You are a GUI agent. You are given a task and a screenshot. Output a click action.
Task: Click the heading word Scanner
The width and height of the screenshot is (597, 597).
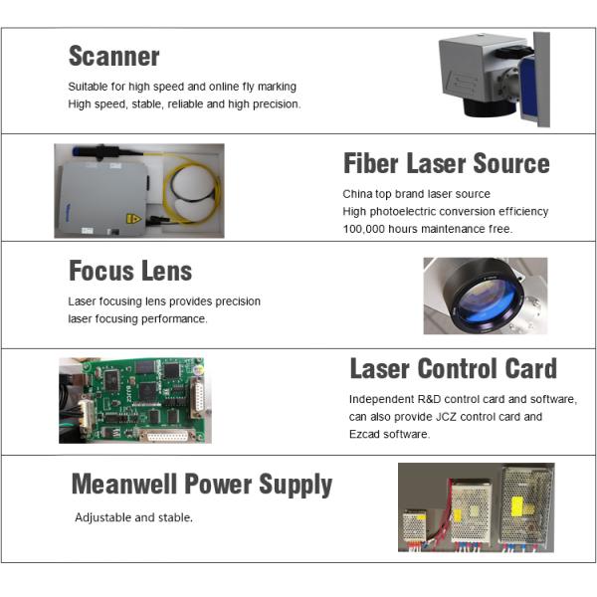coord(113,56)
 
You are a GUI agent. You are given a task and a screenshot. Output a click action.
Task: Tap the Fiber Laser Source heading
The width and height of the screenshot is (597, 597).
coord(447,163)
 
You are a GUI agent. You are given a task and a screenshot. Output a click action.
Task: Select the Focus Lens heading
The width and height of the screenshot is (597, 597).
coord(130,271)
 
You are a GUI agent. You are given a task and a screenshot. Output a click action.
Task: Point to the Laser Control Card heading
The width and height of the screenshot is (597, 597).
coord(454,368)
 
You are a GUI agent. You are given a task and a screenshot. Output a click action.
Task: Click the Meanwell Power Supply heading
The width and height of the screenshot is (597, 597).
coord(202,485)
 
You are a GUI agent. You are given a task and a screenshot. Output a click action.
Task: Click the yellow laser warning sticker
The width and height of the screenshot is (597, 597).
coord(133,219)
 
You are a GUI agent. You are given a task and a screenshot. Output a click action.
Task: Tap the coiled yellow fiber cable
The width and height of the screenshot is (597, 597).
coord(191,189)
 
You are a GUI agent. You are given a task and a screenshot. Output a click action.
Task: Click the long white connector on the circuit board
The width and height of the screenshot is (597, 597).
coord(167,435)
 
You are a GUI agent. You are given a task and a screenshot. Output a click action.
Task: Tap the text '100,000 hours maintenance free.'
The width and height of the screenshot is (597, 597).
coord(428,229)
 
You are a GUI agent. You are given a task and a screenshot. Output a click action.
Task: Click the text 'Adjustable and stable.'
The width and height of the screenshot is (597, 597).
coord(133,517)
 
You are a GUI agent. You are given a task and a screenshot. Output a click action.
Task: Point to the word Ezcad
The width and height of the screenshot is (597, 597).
coord(364,434)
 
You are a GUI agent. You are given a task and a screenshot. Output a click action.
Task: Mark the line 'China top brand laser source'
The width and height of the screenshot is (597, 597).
coord(416,194)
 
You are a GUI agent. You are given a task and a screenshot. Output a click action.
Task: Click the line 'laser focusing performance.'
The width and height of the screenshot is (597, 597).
coord(137,318)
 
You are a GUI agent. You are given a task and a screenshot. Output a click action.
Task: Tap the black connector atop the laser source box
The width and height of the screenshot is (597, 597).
coord(99,151)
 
